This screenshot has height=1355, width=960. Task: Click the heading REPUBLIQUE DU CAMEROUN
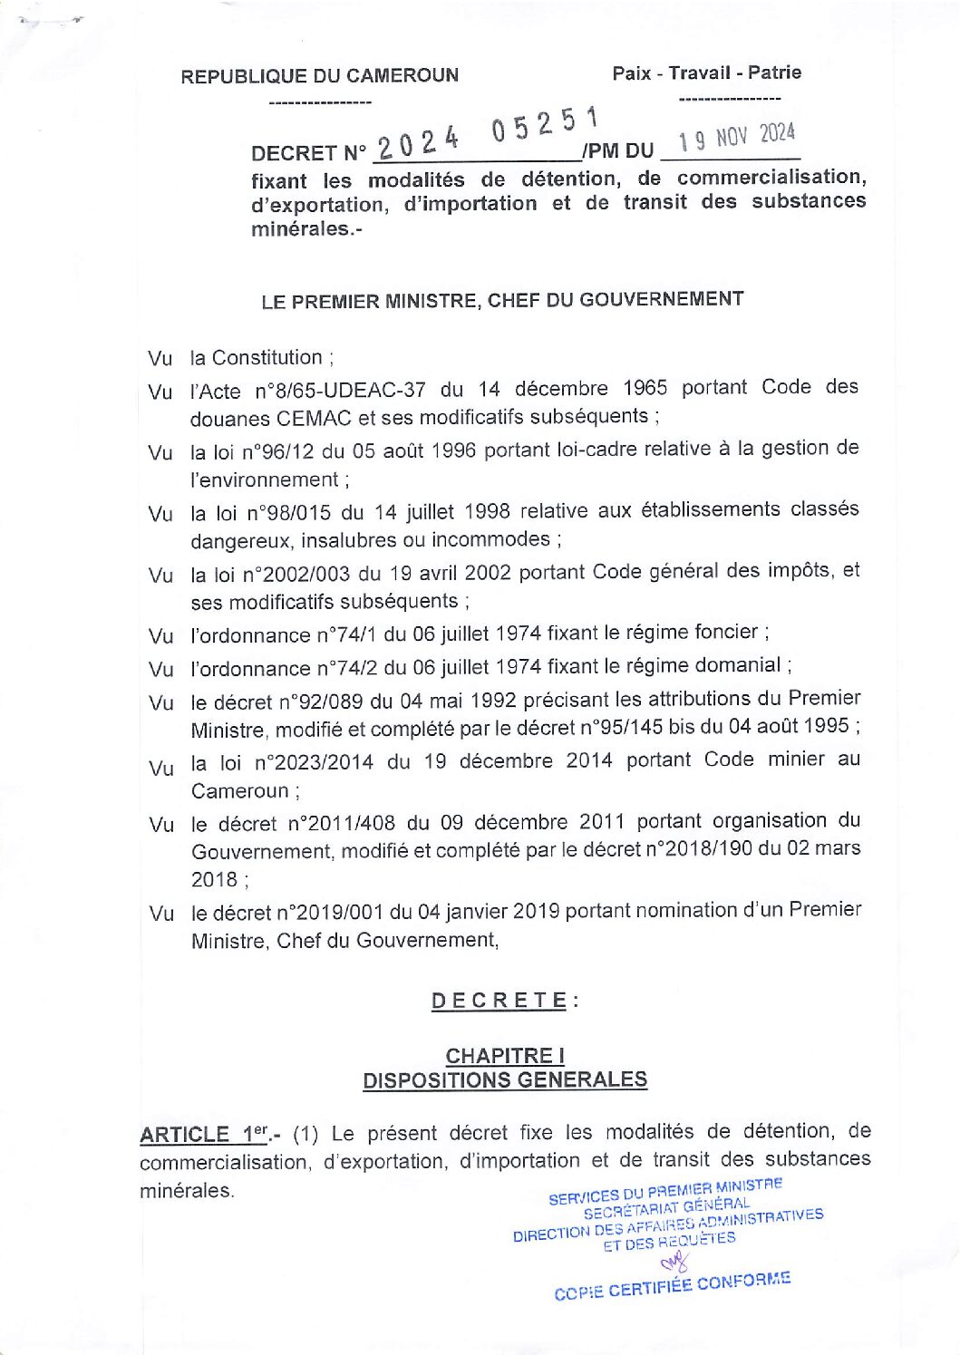click(x=319, y=76)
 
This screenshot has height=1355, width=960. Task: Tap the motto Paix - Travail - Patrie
click(x=706, y=73)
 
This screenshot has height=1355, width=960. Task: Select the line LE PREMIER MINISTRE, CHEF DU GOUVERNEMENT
click(x=502, y=300)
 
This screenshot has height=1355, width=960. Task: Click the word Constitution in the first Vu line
click(x=267, y=358)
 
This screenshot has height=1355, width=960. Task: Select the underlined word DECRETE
click(x=499, y=1001)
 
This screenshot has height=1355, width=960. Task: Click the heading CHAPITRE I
click(x=505, y=1056)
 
